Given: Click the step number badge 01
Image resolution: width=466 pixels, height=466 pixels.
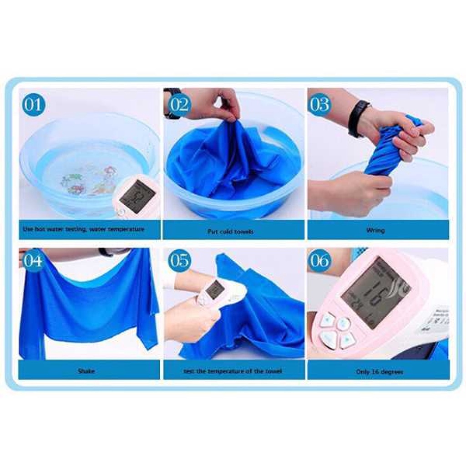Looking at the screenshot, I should point(34,105).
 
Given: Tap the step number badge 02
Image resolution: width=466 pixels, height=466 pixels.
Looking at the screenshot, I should point(179,105).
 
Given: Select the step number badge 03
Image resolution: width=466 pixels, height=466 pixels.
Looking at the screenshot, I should point(319,105).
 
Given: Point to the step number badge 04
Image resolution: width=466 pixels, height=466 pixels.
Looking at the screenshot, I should point(33,260).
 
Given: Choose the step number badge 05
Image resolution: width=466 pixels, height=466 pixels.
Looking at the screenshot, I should point(179,260).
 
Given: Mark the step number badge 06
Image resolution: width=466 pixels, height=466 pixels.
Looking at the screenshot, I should point(319,260).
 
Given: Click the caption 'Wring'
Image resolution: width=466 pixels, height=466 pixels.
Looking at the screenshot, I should point(376,231).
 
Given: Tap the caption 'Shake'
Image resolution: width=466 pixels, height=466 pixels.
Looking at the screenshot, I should point(86,371).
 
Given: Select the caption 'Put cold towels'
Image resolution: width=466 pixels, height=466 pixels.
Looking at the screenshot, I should point(231,232).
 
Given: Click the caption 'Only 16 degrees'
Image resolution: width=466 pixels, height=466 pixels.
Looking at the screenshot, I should point(380,372).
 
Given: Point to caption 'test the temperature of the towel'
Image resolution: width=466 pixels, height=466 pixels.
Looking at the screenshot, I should point(233,371).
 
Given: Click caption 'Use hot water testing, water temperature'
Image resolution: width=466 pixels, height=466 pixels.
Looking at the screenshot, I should point(83,229).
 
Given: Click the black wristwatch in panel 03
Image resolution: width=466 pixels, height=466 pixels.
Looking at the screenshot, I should point(358,118).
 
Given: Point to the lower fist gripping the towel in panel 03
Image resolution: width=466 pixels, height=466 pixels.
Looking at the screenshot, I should point(360,191).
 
